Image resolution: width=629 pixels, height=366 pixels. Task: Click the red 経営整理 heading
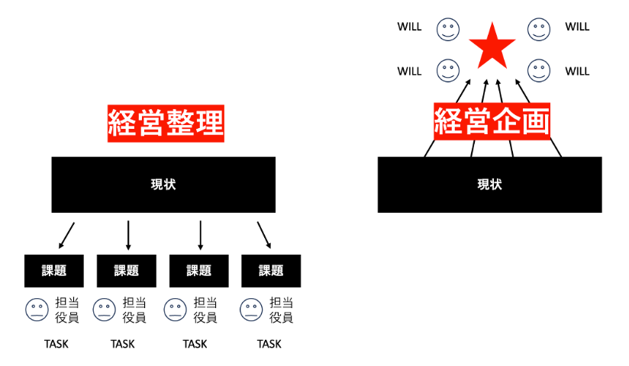166,123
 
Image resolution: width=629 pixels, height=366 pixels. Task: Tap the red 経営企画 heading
492,121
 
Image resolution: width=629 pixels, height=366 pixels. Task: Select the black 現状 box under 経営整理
163,185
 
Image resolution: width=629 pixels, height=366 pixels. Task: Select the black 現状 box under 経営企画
489,185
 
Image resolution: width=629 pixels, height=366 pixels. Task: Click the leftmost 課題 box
53,271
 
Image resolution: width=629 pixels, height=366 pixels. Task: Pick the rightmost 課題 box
271,271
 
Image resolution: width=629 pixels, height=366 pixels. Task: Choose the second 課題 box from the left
126,271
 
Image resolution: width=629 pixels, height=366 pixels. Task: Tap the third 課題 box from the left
198,271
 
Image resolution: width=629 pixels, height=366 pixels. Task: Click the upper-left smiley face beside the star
448,30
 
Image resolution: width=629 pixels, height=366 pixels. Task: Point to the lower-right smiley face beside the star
539,71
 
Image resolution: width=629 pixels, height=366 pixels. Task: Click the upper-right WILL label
577,27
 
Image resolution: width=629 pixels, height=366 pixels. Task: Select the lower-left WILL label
409,72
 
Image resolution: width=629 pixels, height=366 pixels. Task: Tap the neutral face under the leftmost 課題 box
37,310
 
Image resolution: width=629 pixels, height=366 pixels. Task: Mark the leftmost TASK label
56,344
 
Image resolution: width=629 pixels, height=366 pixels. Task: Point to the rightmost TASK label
269,344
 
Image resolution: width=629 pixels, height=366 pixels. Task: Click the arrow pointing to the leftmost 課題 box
67,233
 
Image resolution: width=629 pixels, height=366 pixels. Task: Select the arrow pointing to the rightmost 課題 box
264,234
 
